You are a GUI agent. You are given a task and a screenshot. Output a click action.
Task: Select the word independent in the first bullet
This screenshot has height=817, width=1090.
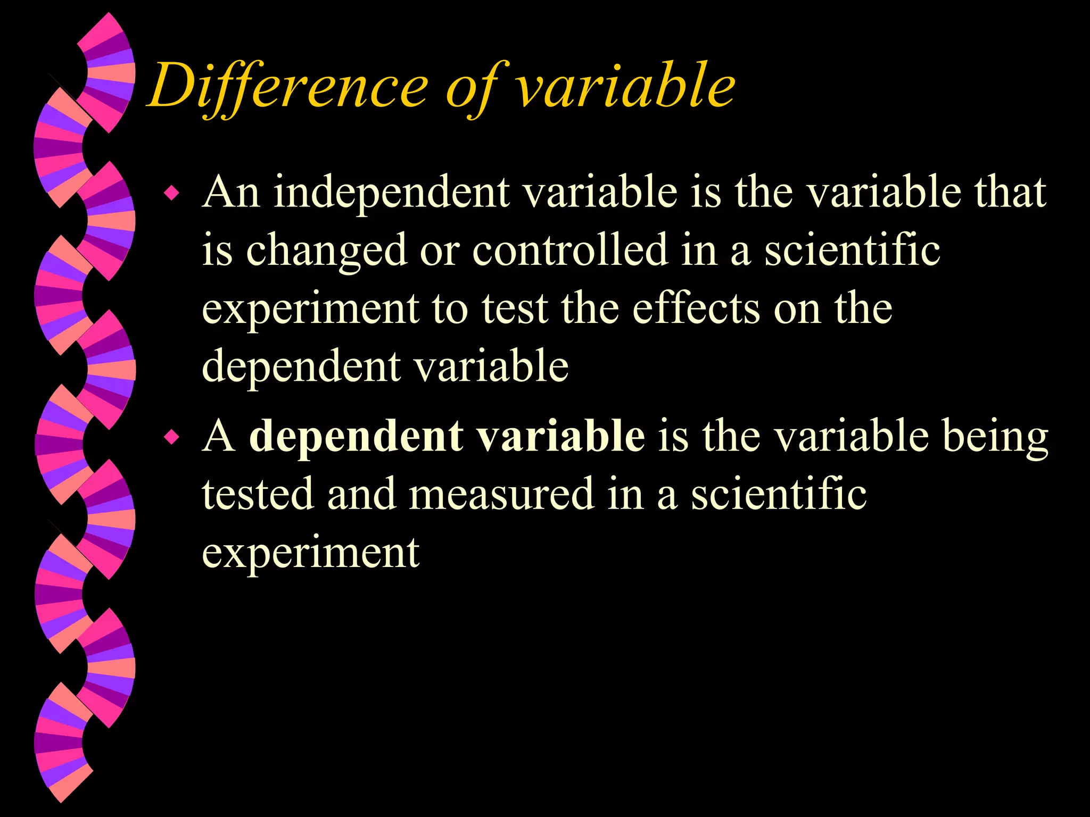click(392, 193)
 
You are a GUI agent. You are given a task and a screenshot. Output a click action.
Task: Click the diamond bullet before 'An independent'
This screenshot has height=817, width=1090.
click(171, 193)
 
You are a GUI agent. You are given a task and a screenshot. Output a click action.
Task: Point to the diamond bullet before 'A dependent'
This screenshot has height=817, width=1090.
click(171, 437)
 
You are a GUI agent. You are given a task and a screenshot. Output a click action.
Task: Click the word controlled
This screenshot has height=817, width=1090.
click(569, 250)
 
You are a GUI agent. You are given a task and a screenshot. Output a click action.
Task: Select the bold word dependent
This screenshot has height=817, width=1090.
click(356, 436)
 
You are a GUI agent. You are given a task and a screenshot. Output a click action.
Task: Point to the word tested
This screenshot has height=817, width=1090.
click(258, 494)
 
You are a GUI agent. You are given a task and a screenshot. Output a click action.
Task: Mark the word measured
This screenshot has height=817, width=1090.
click(501, 494)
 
